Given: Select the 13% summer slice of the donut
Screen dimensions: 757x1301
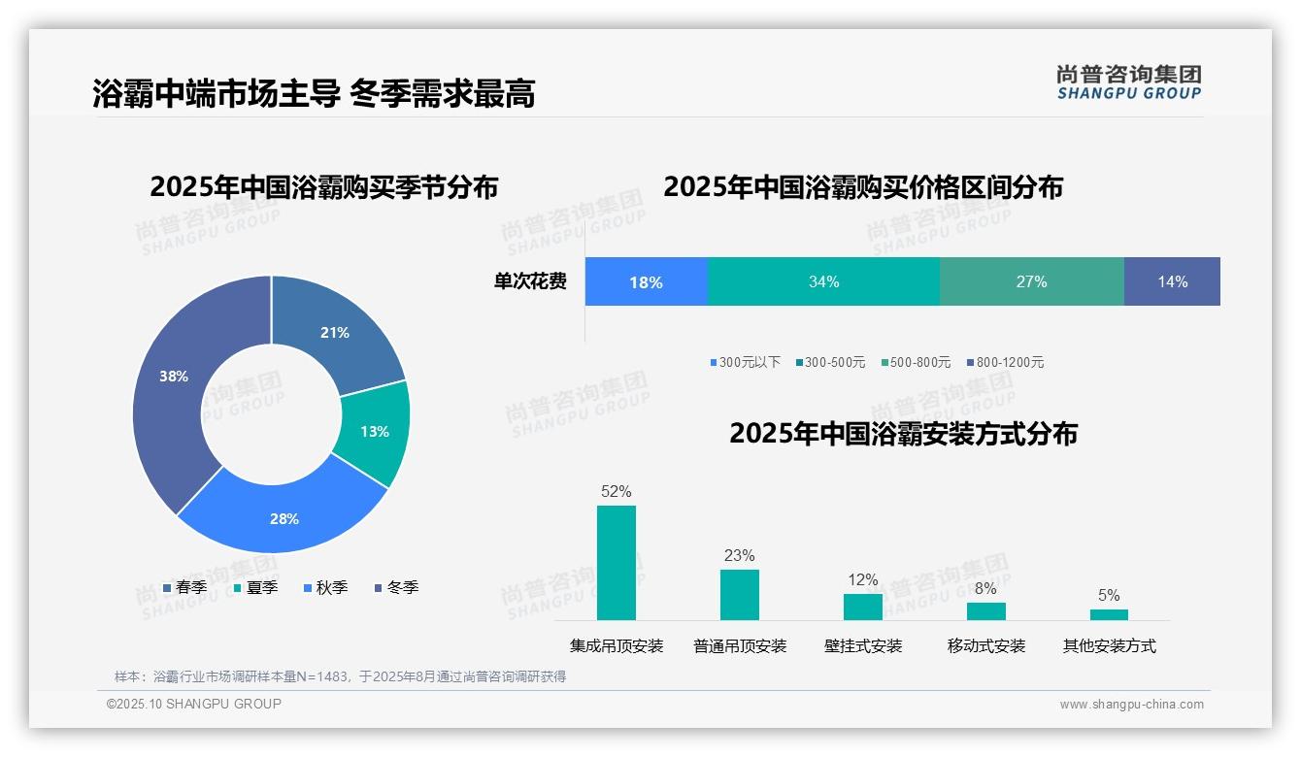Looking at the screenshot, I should pyautogui.click(x=374, y=431).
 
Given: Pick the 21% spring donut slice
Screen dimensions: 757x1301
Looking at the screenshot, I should pyautogui.click(x=336, y=333).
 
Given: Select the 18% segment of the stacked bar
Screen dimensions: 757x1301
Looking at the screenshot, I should pyautogui.click(x=646, y=282).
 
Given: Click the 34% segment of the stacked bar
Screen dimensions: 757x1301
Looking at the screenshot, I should pyautogui.click(x=823, y=282).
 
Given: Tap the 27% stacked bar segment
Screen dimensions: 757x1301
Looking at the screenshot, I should pyautogui.click(x=1031, y=282).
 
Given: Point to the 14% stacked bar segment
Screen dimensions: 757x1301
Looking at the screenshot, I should pyautogui.click(x=1172, y=282).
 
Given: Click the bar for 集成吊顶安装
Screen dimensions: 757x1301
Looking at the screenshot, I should pyautogui.click(x=617, y=563).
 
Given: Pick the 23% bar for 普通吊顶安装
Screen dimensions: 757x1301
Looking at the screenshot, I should pyautogui.click(x=740, y=594).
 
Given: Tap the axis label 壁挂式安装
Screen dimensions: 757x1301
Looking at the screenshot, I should pyautogui.click(x=863, y=645).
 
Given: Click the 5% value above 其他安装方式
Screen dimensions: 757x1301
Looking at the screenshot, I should pyautogui.click(x=1109, y=595).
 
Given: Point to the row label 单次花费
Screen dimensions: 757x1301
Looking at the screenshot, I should pyautogui.click(x=530, y=282).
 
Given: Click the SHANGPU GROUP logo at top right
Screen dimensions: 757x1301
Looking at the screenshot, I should pyautogui.click(x=1128, y=82).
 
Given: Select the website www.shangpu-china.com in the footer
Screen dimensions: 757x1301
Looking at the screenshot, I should pyautogui.click(x=1131, y=704).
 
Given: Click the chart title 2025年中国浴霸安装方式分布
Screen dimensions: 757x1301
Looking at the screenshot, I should pyautogui.click(x=903, y=434).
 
